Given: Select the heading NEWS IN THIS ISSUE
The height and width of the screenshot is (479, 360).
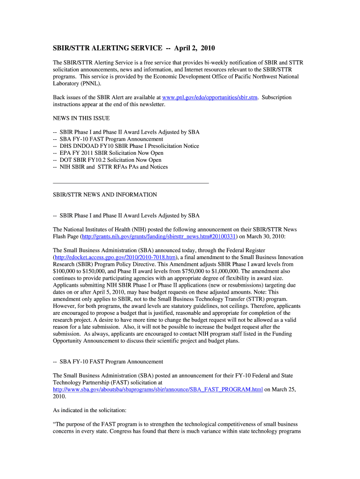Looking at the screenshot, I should point(81,118).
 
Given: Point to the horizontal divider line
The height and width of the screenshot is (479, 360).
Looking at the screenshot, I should point(131,182).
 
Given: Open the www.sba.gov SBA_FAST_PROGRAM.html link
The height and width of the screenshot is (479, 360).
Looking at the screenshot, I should point(158,389).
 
